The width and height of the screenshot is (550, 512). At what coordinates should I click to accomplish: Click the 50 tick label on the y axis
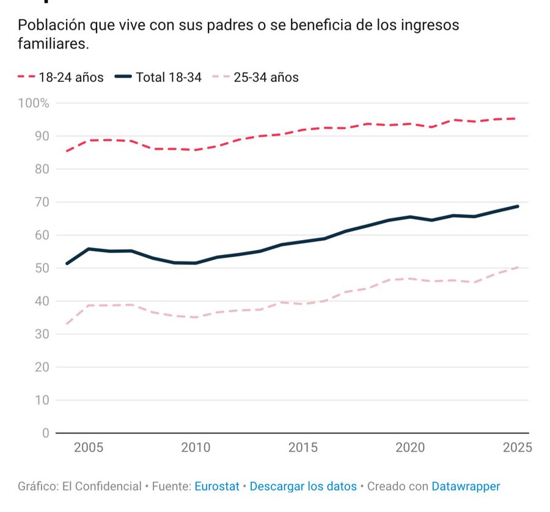click(42, 268)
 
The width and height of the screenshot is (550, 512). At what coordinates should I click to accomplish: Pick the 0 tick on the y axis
click(45, 433)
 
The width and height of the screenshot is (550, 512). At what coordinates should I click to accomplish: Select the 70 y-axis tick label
click(42, 202)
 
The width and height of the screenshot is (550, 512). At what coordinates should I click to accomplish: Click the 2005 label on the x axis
click(89, 448)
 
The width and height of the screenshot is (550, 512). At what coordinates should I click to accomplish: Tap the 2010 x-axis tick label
click(196, 448)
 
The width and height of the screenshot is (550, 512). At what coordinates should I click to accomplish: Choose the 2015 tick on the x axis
click(303, 448)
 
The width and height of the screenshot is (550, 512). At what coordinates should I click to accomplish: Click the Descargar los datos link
click(303, 487)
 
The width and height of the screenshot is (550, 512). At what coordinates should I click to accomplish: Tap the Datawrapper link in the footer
click(466, 487)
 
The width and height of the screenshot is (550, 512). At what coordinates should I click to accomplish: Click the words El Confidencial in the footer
click(101, 487)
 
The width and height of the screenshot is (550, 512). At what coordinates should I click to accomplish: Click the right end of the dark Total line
click(518, 207)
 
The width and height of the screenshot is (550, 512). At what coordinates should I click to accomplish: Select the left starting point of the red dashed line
click(67, 151)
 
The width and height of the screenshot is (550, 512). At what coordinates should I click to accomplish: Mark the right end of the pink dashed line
click(518, 267)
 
